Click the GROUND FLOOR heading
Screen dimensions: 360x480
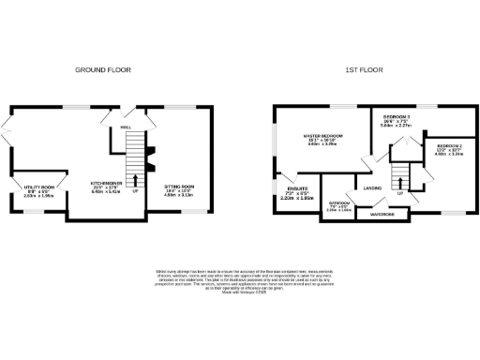[x=103, y=69]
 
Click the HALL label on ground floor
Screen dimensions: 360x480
[x=124, y=125]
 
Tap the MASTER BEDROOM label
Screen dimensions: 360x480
[x=322, y=138]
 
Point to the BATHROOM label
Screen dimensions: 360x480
[x=338, y=203]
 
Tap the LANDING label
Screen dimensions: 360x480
[x=372, y=187]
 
